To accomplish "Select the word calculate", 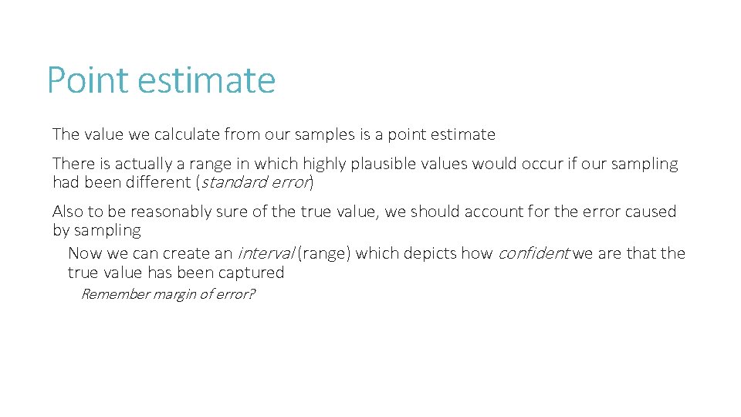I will [x=187, y=134].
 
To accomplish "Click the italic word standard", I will [x=231, y=182].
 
